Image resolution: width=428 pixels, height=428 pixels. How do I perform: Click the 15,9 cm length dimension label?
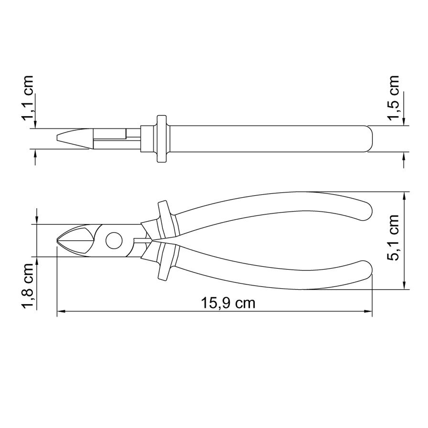pos(228,303)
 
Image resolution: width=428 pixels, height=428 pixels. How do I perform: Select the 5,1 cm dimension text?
pos(393,238)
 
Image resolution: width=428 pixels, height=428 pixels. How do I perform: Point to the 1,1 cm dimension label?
pos(28,98)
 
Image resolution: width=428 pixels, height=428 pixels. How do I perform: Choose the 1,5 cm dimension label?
pos(393,98)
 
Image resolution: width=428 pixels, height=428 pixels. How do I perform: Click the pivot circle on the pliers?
pos(114,240)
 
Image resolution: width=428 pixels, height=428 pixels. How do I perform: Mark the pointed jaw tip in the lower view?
pos(57,240)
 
